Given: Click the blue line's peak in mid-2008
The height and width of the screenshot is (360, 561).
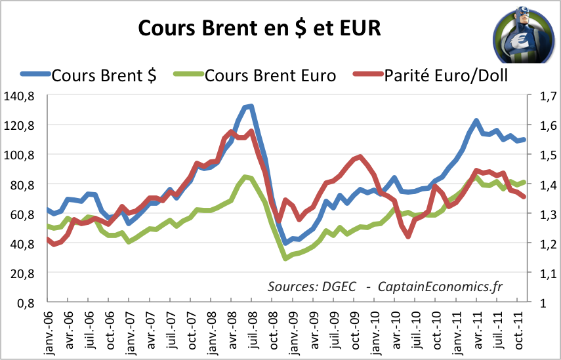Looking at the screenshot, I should point(250,106).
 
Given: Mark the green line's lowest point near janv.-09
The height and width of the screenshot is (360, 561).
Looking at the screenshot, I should point(285,258).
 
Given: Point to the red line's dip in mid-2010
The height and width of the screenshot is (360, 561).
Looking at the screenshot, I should point(409,236).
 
